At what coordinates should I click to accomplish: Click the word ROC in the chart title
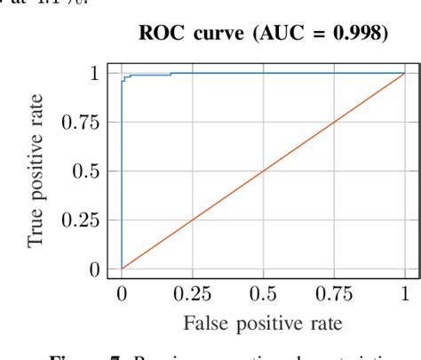161,35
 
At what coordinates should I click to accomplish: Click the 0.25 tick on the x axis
192,292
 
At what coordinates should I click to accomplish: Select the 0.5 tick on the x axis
263,292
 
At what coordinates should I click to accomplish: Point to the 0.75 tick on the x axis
333,292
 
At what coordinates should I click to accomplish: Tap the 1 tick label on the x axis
404,292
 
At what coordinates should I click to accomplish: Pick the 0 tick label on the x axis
122,292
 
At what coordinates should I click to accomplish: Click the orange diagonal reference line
263,171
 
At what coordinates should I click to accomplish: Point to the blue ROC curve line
266,73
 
